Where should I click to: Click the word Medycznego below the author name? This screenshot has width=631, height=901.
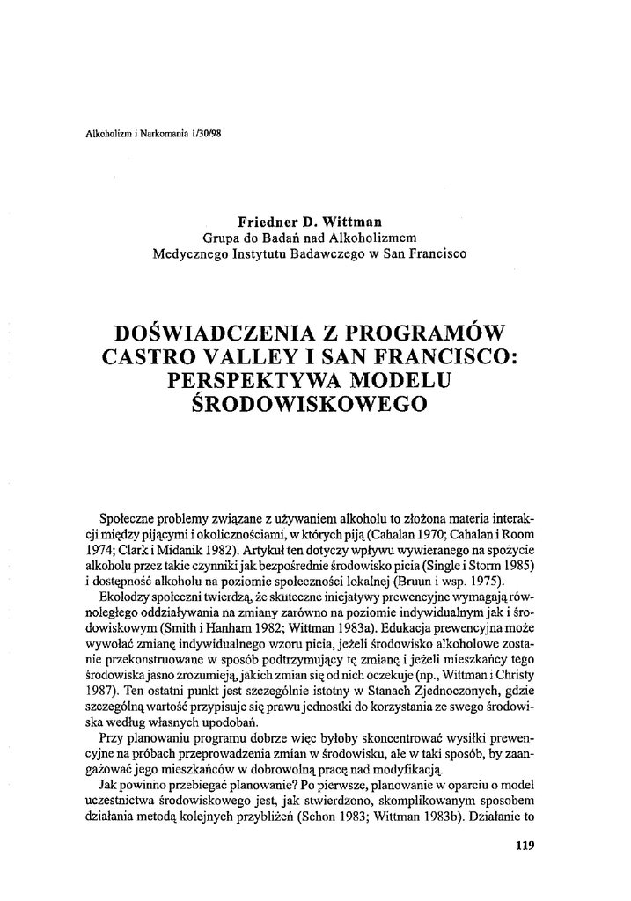click(194, 254)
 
